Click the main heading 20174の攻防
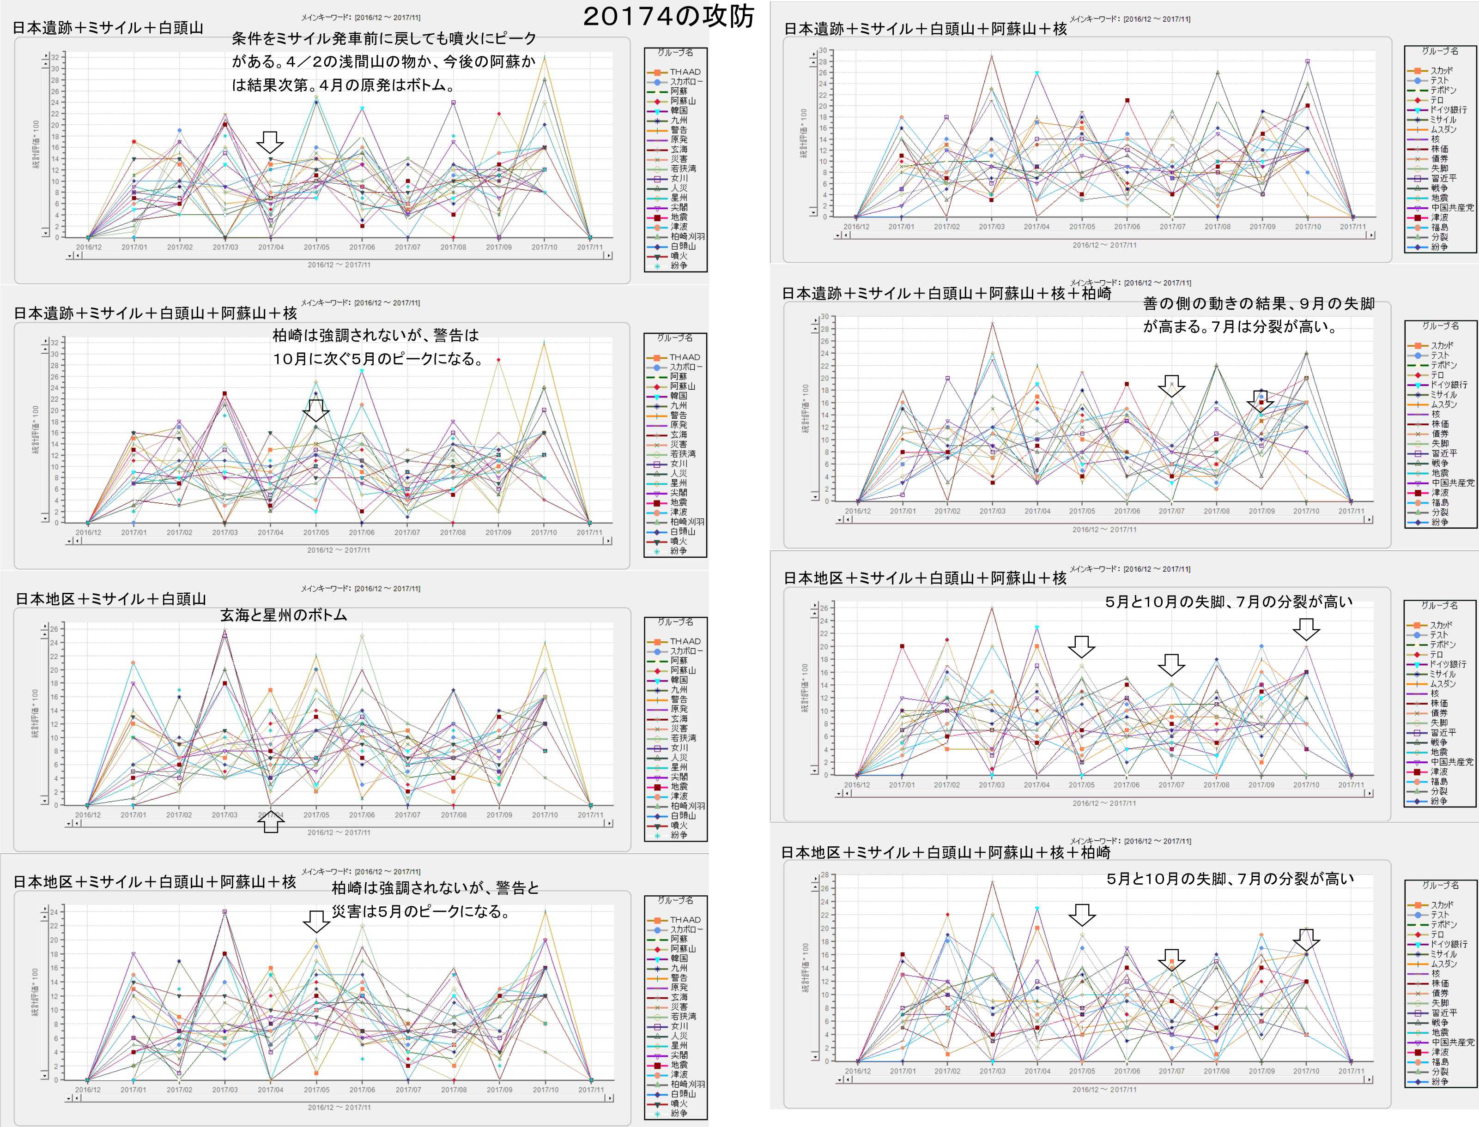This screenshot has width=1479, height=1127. [x=668, y=17]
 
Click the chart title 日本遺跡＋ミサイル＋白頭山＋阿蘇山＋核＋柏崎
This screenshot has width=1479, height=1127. [x=946, y=293]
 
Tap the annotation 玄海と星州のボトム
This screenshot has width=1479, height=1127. [x=283, y=615]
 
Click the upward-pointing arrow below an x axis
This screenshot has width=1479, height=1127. [x=270, y=822]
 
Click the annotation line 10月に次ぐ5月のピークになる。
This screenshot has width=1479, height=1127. [x=378, y=359]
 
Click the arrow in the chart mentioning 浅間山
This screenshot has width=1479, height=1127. [x=270, y=142]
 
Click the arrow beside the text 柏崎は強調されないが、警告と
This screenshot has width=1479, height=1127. [x=316, y=921]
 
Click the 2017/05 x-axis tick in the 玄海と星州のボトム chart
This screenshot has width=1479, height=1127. [x=316, y=814]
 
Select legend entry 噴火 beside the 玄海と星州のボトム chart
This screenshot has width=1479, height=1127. [x=679, y=825]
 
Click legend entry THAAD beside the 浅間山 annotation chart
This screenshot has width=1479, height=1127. [x=685, y=72]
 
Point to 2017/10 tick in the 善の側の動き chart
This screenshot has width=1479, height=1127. [x=1306, y=511]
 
